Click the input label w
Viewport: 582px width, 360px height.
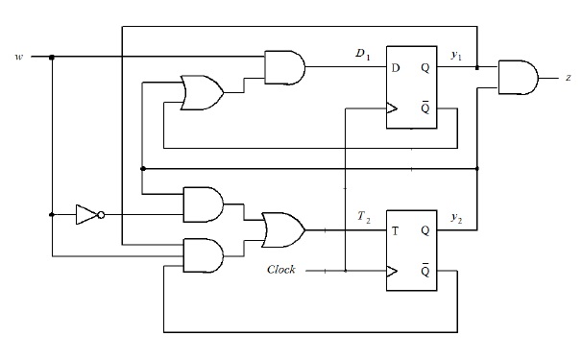point(18,57)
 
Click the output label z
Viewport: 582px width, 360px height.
point(568,75)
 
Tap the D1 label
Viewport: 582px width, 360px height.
point(363,55)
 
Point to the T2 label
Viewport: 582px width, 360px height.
point(363,219)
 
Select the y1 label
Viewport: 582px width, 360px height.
point(457,55)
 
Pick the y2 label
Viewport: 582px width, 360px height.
point(457,219)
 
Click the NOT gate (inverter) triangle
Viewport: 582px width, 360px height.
point(86,215)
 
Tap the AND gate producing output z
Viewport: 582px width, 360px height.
point(518,75)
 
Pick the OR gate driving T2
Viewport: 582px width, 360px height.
point(283,230)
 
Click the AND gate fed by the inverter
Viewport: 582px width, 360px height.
point(203,204)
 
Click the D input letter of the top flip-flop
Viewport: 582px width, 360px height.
point(395,67)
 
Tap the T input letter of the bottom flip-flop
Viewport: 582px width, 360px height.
point(395,231)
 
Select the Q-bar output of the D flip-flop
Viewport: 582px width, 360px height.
point(424,107)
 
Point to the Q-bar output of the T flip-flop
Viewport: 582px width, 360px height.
point(424,271)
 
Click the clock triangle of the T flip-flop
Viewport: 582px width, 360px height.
point(391,271)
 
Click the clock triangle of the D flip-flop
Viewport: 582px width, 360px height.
point(391,107)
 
